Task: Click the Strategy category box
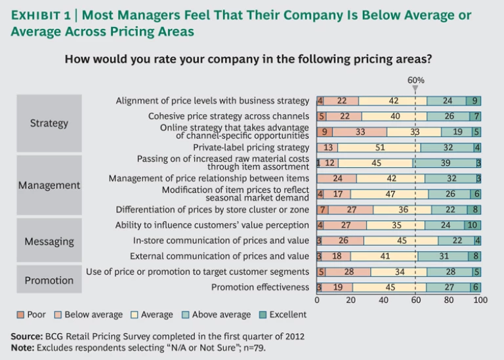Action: tap(49, 123)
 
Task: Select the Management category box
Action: tap(49, 186)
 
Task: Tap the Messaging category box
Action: tap(49, 241)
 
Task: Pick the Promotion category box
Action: tap(49, 281)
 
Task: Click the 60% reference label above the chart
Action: tap(416, 80)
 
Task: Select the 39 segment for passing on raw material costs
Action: tap(444, 163)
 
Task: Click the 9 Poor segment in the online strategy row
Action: tap(324, 132)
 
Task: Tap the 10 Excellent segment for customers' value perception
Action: tap(473, 225)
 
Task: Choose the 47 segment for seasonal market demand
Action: tap(389, 194)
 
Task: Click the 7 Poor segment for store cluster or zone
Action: tap(323, 210)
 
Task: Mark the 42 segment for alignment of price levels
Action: tap(393, 101)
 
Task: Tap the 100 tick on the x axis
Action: tap(480, 300)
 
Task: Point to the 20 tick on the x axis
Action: tap(350, 300)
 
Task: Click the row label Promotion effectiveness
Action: tap(260, 287)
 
